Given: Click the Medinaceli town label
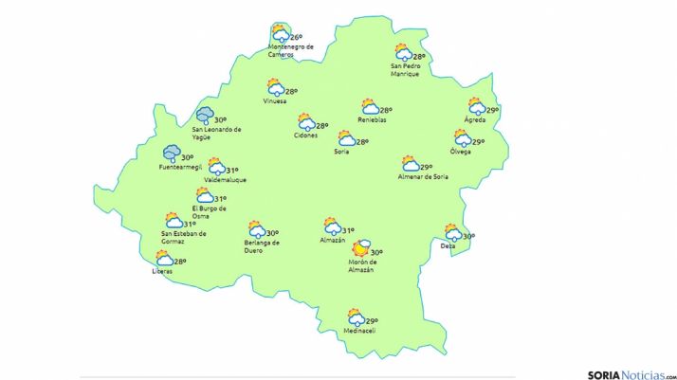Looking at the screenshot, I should coord(360,331).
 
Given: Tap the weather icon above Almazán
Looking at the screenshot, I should coord(331,226).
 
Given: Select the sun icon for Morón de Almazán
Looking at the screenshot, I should coord(358,251).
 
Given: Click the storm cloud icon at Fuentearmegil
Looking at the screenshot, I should coord(172,154).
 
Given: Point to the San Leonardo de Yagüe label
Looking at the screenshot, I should coord(216,133).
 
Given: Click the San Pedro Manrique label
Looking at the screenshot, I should coord(405,70).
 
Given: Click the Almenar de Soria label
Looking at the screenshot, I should coord(424,176).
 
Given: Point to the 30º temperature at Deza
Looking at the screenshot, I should coord(468,237).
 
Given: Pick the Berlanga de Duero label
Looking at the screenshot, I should coord(262,246).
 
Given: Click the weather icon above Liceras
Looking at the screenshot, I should coord(164,258).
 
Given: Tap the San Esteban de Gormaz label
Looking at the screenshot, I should coord(184,237).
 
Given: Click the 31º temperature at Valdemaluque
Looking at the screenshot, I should coord(232,171).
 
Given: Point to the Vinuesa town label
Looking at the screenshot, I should coord(276,102).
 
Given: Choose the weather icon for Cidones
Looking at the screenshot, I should coord(305,122).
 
